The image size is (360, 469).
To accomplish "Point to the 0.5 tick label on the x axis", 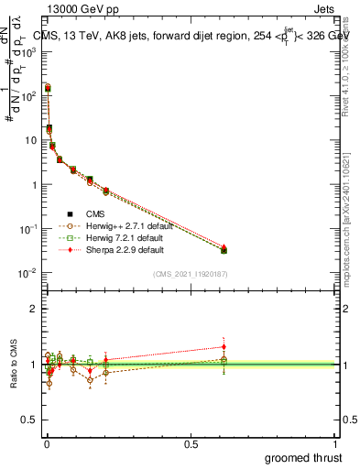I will point(191,443).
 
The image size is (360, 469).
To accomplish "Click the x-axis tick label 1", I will point(335,443).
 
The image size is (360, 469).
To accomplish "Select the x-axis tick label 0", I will point(46,443).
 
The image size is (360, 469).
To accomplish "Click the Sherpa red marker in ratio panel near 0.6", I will point(224,346).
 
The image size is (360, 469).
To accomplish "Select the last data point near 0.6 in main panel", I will point(224,249).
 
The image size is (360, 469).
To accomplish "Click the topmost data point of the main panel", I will point(48,88).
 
